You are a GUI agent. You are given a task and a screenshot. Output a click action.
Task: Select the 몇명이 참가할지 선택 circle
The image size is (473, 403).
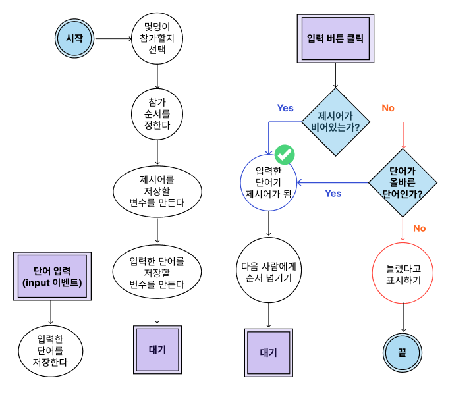click(x=158, y=39)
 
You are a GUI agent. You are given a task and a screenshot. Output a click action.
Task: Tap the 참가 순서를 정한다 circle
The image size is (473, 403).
click(x=158, y=114)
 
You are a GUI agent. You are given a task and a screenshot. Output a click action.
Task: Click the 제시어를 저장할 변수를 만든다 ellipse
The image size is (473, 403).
click(x=158, y=191)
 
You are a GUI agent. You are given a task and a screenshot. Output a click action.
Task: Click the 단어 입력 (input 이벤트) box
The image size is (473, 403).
click(x=52, y=276)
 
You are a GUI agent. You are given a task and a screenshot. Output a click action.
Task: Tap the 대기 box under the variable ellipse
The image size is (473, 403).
click(x=157, y=350)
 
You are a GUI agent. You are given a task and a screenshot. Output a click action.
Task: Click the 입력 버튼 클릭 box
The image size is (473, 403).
click(x=336, y=39)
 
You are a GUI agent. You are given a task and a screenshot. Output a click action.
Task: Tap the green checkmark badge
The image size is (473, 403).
click(x=285, y=155)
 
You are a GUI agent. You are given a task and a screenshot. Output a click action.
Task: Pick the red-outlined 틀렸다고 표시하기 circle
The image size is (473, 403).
click(x=403, y=274)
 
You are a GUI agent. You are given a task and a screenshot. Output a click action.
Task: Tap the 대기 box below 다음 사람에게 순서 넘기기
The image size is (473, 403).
click(x=268, y=353)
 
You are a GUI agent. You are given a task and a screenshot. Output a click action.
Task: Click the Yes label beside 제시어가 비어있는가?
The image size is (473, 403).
click(x=285, y=108)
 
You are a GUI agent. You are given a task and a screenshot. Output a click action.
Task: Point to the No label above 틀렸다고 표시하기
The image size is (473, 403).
click(x=419, y=228)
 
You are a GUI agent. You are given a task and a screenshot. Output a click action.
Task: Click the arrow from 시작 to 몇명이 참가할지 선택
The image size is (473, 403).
click(x=113, y=39)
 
